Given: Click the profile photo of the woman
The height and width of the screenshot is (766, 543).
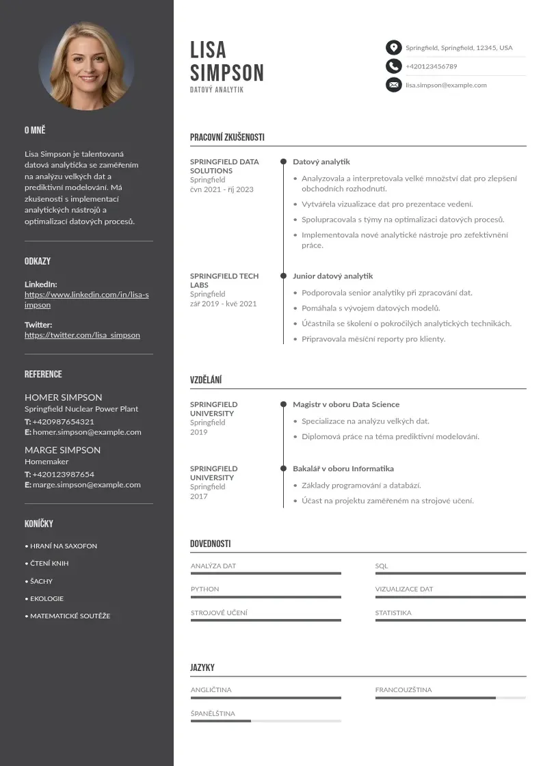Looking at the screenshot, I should pos(86,66).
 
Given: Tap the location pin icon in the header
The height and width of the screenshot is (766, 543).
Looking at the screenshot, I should pos(393,48).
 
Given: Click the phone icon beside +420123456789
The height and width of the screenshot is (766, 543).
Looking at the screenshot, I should pos(393,66).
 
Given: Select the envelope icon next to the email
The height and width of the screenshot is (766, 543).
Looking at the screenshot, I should pos(393,85).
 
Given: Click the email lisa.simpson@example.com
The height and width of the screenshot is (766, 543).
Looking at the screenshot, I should pos(446,85).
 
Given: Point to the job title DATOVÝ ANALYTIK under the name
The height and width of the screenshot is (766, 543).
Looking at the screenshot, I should pos(217,90).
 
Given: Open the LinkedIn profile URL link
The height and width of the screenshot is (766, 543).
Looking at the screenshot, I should pos(86,300).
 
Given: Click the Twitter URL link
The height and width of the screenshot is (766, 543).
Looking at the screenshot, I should pos(82,335).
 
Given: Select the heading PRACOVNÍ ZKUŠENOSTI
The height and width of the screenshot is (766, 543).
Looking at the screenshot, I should pos(227,137).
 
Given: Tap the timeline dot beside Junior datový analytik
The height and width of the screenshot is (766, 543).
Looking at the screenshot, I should pos(283,276).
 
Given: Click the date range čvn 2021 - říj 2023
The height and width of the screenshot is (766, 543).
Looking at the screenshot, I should pos(222,189).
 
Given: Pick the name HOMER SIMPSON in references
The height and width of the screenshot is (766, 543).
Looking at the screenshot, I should pos(64,397).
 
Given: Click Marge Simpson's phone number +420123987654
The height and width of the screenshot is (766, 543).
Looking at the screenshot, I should pos(63,474).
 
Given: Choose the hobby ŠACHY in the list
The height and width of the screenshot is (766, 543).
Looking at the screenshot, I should pos(41,581).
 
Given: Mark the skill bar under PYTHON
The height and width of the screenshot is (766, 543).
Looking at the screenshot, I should pos(265,597).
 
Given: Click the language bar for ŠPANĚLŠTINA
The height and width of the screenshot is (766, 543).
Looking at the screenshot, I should pos(265,721).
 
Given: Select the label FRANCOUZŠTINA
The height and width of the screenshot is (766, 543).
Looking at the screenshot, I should pos(403,690).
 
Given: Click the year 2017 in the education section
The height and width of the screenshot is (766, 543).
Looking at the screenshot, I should pos(199,497).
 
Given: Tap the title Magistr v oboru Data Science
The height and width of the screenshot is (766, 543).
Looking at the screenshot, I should pos(346,405).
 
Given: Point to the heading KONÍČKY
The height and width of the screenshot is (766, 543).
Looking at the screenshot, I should pos(39,524).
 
